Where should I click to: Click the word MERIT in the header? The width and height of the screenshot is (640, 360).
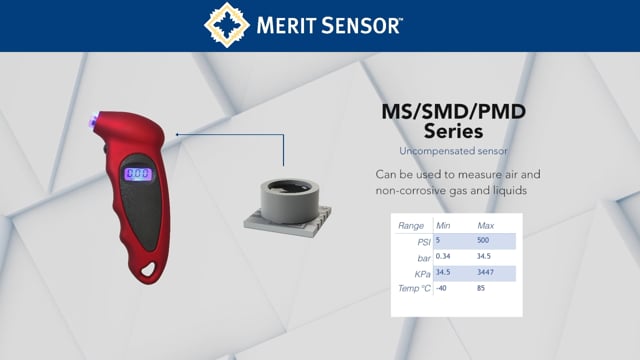[x=290, y=25]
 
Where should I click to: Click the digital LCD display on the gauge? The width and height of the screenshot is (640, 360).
[x=138, y=174]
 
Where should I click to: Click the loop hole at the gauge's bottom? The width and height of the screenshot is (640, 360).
[x=152, y=267]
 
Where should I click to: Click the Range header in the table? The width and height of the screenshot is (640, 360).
[x=411, y=226]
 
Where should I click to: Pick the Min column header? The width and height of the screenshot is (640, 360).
[x=444, y=226]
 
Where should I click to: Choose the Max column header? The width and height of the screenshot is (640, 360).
[x=487, y=226]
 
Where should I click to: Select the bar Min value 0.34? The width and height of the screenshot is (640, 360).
[x=446, y=257]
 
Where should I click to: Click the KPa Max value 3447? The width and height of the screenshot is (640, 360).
[x=488, y=273]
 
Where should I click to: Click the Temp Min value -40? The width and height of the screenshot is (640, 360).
[x=443, y=289]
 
